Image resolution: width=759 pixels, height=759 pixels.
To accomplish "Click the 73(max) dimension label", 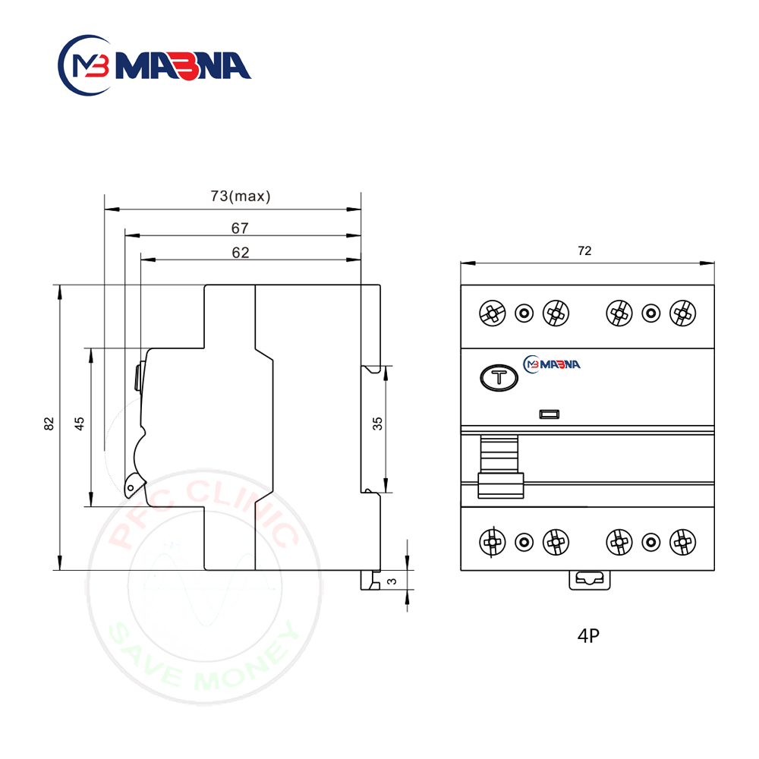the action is pos(241,196).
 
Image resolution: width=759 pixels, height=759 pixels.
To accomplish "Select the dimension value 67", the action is pos(240,228).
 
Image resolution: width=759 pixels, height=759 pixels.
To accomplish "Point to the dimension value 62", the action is pos(241,253).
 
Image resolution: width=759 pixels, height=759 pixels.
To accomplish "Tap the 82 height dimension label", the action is pos(49,424).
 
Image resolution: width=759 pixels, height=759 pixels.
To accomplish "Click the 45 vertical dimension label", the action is pos(80,424).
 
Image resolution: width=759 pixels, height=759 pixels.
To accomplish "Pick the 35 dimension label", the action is pos(377,424).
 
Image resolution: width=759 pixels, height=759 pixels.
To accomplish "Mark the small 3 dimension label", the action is pos(392,581).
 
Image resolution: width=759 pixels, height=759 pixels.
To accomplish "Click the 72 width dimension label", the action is pos(584,250).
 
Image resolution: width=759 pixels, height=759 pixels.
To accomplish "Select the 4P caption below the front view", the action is pos(589,635).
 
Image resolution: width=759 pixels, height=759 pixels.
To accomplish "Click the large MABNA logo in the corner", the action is pos(154,65).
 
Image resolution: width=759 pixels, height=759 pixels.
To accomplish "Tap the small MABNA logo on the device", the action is pos(552,364).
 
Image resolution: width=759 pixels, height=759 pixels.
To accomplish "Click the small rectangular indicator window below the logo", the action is pos(550,414).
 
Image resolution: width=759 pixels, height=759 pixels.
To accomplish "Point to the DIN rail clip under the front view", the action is pos(590,580).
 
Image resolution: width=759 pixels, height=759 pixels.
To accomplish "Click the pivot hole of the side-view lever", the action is pos(131,488).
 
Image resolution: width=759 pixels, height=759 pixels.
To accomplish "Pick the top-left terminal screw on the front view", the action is pos(493,313).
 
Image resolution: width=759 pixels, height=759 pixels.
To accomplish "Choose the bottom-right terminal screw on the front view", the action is pos(682,542).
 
